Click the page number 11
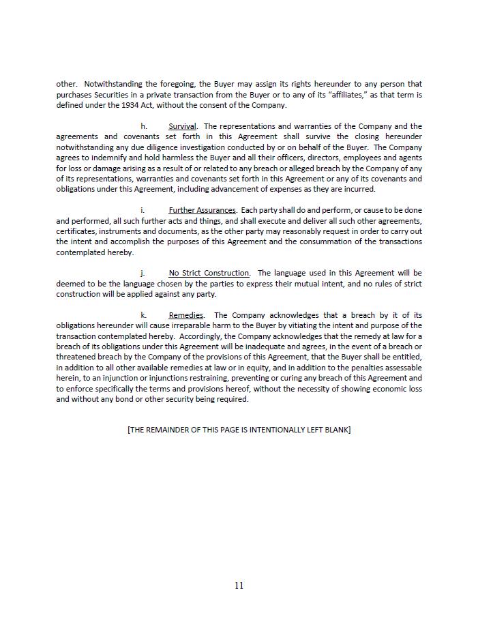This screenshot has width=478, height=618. (239, 585)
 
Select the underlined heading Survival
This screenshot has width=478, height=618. (182, 126)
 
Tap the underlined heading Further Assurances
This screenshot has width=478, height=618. (202, 210)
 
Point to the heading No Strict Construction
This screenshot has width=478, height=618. (209, 274)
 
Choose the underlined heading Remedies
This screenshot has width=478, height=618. (186, 315)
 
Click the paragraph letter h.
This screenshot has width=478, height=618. (144, 126)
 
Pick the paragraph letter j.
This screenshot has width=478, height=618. (143, 274)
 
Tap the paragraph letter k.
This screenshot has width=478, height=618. (143, 315)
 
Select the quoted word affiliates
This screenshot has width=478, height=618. (355, 95)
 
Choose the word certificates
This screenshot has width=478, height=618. (76, 231)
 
